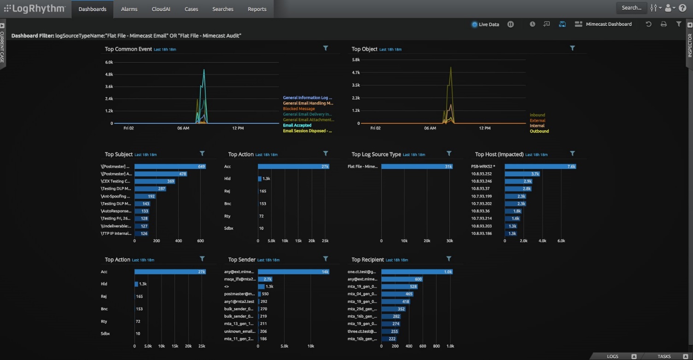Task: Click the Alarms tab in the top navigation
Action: click(x=129, y=9)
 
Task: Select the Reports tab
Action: click(x=257, y=9)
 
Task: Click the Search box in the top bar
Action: click(x=631, y=8)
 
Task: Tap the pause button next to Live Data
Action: click(x=511, y=24)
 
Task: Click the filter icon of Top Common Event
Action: click(x=326, y=48)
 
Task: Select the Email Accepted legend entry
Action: click(x=297, y=125)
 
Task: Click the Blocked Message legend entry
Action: click(x=299, y=109)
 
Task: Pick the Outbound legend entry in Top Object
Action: click(x=539, y=131)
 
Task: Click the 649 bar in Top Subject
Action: click(x=170, y=166)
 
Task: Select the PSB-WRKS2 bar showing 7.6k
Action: click(x=540, y=166)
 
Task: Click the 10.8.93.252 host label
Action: click(x=482, y=174)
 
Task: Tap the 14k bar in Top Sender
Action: click(x=293, y=272)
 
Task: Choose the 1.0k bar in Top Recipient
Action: click(x=417, y=272)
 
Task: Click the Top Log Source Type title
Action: click(x=376, y=155)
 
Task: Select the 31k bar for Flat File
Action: click(x=417, y=166)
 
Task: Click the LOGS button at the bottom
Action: click(x=612, y=356)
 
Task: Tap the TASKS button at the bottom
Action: click(x=664, y=356)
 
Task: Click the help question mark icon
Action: click(x=682, y=8)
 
